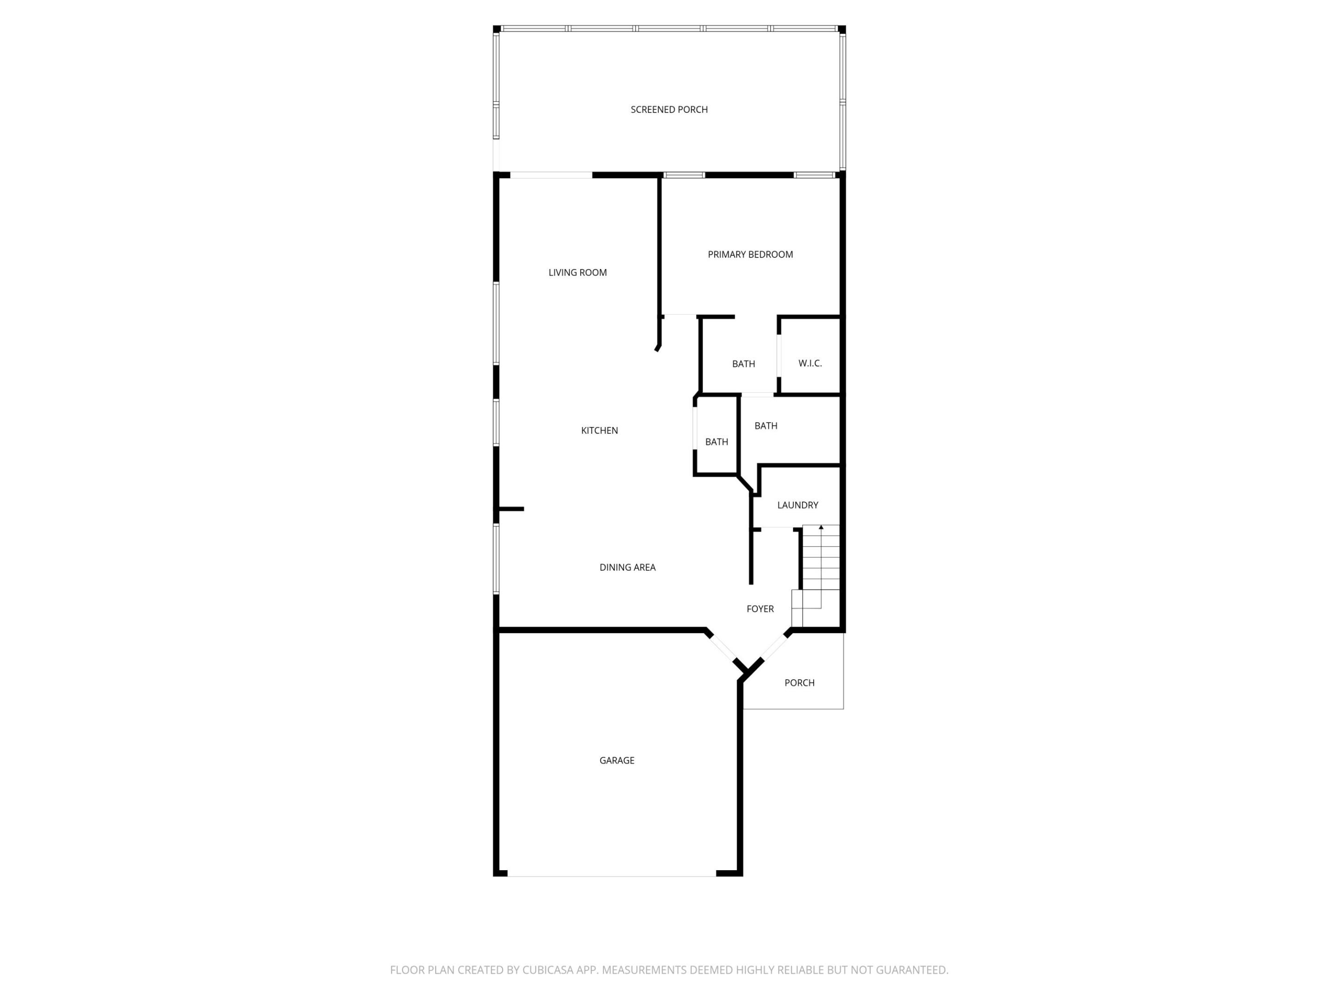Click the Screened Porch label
669,110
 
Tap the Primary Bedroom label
750,254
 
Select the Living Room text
577,272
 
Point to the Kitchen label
599,430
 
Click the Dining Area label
627,567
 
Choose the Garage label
617,760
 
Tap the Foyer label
760,609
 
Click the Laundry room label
797,505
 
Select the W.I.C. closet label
810,363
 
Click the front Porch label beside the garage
799,683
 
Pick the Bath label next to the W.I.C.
743,363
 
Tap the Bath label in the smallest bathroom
716,442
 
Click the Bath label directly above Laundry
766,425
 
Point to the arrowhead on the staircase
821,528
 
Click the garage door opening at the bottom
611,876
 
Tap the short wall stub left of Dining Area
511,509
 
